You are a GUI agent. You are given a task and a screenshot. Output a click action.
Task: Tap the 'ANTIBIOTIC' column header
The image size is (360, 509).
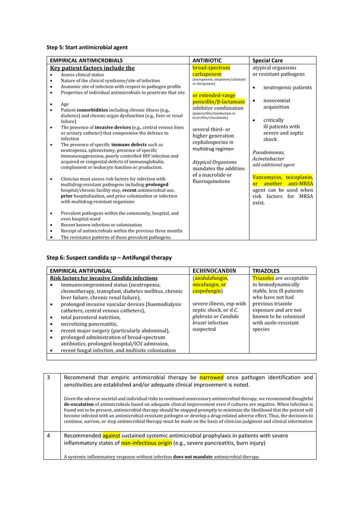pyautogui.click(x=208, y=60)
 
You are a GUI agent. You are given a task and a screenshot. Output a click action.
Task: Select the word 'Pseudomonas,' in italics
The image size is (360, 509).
pyautogui.click(x=268, y=152)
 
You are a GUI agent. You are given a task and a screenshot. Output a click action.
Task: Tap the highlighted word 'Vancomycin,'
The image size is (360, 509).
pyautogui.click(x=270, y=177)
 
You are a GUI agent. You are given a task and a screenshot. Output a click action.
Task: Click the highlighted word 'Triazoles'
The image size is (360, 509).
pyautogui.click(x=264, y=278)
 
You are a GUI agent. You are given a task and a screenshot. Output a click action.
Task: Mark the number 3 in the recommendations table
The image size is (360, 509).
pyautogui.click(x=49, y=378)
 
